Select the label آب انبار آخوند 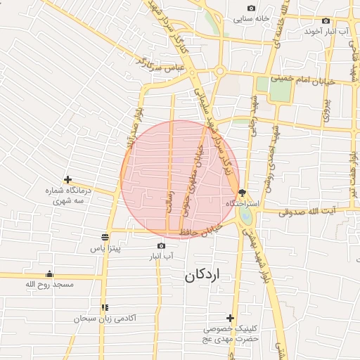[x=334, y=32]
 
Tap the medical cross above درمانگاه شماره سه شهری [x=67, y=180]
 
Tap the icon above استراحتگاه [x=242, y=192]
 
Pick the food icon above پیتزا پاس [x=105, y=236]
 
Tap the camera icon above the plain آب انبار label [x=161, y=245]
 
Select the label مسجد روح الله [x=49, y=284]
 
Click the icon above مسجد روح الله [x=49, y=274]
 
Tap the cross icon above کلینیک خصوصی [x=230, y=318]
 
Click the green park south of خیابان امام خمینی [x=263, y=85]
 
